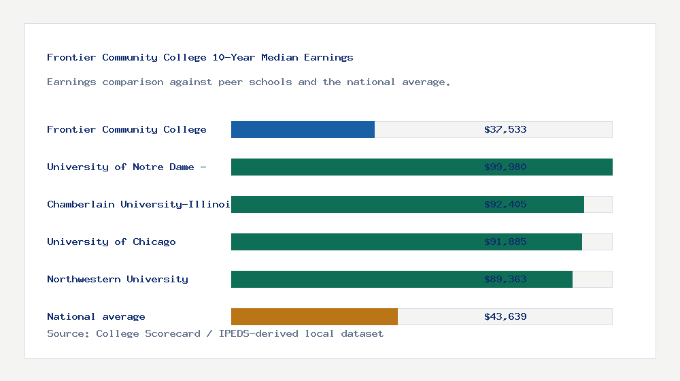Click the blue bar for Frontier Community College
pyautogui.click(x=303, y=129)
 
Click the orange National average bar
pyautogui.click(x=314, y=316)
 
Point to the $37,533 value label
pyautogui.click(x=505, y=129)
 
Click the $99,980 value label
pyautogui.click(x=505, y=167)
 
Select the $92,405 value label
pyautogui.click(x=505, y=204)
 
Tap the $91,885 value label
pyautogui.click(x=505, y=242)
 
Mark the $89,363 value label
pyautogui.click(x=505, y=279)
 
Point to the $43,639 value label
pyautogui.click(x=505, y=316)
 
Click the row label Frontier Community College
pyautogui.click(x=126, y=129)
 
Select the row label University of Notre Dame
pyautogui.click(x=126, y=167)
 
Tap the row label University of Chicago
pyautogui.click(x=112, y=242)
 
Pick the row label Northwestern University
pyautogui.click(x=118, y=279)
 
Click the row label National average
pyautogui.click(x=96, y=316)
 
